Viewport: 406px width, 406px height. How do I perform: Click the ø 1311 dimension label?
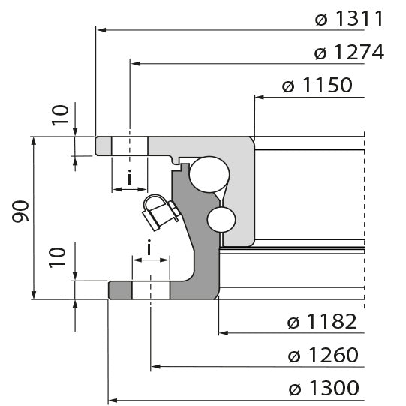(350, 19)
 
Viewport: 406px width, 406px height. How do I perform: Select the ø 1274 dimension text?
(350, 53)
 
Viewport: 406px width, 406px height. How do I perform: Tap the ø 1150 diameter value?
(317, 86)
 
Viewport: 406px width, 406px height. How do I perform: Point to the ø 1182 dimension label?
(322, 323)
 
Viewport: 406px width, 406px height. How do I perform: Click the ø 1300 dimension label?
(323, 388)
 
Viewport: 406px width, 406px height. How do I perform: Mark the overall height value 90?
(22, 215)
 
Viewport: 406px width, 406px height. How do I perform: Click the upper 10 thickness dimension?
(63, 114)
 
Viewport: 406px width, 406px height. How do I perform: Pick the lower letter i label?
(149, 246)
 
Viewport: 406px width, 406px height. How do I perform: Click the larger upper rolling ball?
(207, 173)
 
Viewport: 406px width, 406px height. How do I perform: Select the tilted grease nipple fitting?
(158, 212)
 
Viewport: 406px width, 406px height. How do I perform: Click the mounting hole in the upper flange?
(130, 146)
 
